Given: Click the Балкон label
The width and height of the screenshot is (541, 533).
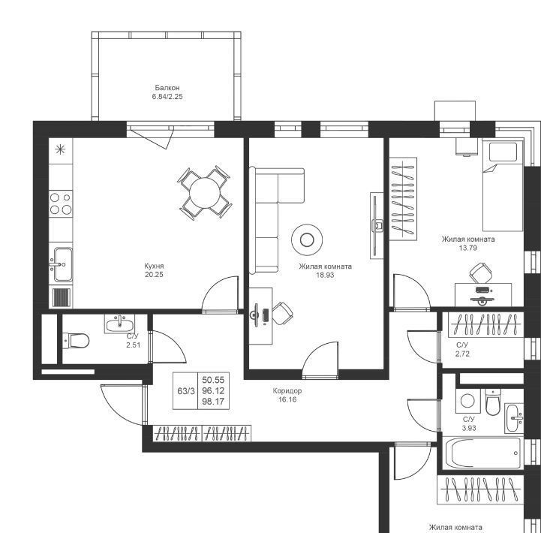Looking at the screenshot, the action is click(x=167, y=88).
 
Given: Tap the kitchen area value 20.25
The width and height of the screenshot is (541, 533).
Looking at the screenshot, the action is click(x=155, y=275).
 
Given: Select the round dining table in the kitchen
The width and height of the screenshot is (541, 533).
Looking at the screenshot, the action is click(x=205, y=193).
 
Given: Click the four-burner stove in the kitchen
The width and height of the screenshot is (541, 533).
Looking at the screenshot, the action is click(x=61, y=203).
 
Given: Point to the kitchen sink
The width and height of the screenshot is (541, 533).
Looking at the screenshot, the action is click(x=63, y=264).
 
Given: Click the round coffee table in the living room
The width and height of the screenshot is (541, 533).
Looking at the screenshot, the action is click(x=307, y=240).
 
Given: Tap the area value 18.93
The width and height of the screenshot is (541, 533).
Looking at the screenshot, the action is click(x=325, y=275).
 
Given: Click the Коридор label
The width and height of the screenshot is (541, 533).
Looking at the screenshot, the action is click(x=287, y=391).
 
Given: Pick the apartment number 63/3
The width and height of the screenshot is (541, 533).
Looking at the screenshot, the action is click(x=186, y=391).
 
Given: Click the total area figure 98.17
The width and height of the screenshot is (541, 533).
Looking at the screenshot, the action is click(x=213, y=402).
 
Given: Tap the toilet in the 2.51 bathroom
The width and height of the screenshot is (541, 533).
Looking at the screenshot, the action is click(x=76, y=340).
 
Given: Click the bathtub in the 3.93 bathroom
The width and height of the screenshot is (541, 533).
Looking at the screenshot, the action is click(x=482, y=453).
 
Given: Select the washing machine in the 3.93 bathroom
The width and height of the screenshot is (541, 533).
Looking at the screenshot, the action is click(x=467, y=401).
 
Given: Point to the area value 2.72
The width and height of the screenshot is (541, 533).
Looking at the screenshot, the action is click(x=462, y=354).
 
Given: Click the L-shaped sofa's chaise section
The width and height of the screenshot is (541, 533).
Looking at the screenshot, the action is click(x=291, y=185).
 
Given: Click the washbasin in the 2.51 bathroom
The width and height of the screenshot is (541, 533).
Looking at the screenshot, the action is click(x=119, y=324).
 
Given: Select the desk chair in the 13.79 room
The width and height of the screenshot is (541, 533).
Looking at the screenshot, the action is click(x=481, y=273).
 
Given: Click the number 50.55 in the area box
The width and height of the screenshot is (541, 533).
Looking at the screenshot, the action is click(x=213, y=380).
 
